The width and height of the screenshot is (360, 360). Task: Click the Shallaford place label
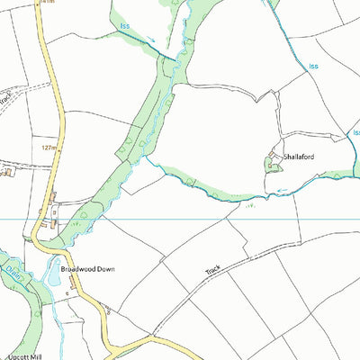pyautogui.click(x=300, y=156)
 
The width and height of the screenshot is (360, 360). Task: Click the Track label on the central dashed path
pyautogui.click(x=212, y=269)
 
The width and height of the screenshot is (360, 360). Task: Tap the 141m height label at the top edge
pyautogui.click(x=47, y=3)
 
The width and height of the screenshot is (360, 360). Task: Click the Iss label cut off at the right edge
pyautogui.click(x=355, y=132)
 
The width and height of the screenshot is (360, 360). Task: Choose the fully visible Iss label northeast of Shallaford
pyautogui.click(x=313, y=66)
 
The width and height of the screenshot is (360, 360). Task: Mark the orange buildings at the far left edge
pyautogui.click(x=4, y=169)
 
